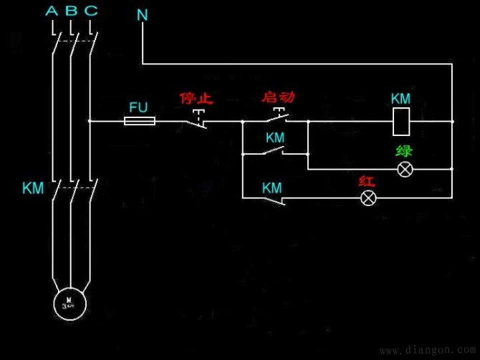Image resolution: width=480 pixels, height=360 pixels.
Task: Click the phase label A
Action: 52,11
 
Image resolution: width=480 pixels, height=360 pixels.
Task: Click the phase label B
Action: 71,11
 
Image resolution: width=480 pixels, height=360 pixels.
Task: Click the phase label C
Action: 90,11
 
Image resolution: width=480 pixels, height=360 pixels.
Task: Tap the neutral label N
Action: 143,14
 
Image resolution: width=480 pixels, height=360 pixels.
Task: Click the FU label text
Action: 138,107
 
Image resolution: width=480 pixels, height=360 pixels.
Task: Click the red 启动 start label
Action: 279,96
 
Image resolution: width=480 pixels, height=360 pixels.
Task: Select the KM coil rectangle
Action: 400,121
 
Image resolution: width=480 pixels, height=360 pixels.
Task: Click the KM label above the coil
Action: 400,99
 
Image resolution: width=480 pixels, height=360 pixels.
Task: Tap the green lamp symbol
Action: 405,170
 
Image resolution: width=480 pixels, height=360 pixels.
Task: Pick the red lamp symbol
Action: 368,198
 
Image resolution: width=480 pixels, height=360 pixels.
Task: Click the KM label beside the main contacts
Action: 33,188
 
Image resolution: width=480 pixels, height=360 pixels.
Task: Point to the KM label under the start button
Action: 275,136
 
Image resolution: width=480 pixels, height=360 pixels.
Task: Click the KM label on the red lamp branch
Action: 272,188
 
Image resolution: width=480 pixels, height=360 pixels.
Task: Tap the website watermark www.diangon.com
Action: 426,351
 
